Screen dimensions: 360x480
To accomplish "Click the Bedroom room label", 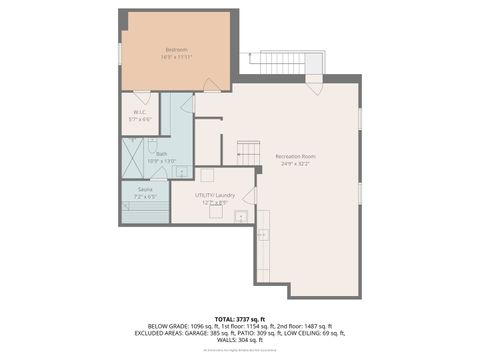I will coord(176,49).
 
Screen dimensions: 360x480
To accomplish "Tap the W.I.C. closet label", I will coord(140,112).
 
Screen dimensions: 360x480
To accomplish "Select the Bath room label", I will coord(161,154).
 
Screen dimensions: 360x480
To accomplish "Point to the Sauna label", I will coord(145,189).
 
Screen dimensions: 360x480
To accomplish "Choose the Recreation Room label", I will coord(296,157).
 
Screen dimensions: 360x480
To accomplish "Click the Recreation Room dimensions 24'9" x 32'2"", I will coord(296,165).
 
